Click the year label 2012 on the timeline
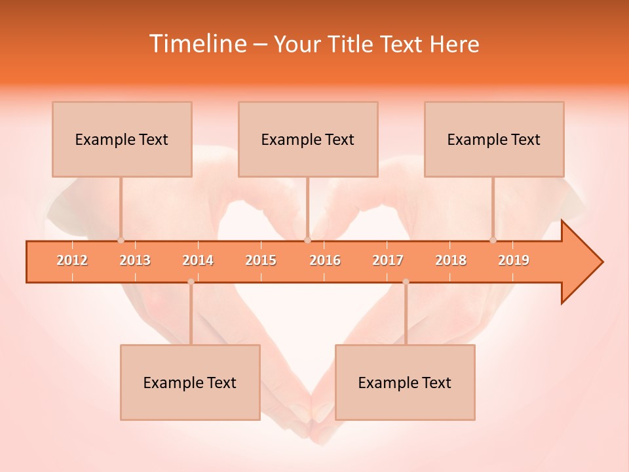(72, 260)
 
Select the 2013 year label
(135, 260)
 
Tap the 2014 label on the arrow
(198, 260)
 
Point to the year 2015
(261, 260)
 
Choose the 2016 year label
(325, 260)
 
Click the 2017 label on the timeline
(388, 260)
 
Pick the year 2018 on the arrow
(451, 260)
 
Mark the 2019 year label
(514, 260)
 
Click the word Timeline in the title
(197, 44)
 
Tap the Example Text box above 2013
(122, 139)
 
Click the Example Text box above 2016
(308, 139)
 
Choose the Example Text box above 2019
(494, 139)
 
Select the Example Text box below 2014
(190, 382)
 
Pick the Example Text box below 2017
(405, 382)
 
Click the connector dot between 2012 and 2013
(121, 240)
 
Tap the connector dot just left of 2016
(307, 240)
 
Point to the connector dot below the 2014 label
(191, 282)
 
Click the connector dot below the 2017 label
(406, 282)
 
